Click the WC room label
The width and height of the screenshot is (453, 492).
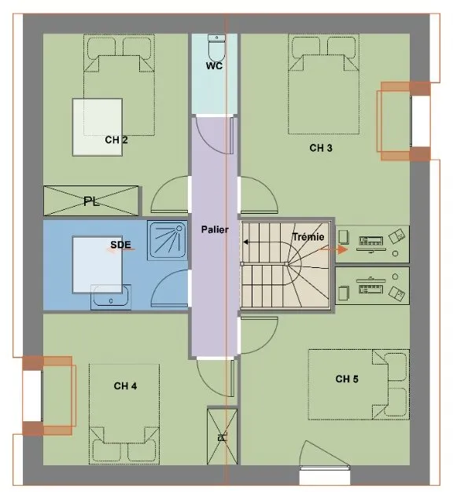(x=215, y=66)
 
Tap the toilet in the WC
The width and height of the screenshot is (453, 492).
(x=216, y=48)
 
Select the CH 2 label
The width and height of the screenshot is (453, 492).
(x=116, y=140)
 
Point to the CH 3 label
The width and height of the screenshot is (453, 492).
(x=321, y=148)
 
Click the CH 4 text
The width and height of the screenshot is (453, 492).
(x=125, y=386)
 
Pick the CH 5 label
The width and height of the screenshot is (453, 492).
(x=347, y=379)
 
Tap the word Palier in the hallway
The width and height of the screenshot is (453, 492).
(x=215, y=229)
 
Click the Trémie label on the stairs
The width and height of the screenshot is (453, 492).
(x=308, y=237)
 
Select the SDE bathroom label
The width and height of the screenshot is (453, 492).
(x=120, y=244)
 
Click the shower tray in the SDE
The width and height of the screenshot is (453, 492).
(x=168, y=240)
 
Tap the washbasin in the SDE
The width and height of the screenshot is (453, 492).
(x=111, y=297)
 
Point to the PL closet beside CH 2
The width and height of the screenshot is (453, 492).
(x=91, y=201)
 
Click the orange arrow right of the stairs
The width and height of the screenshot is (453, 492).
(x=333, y=249)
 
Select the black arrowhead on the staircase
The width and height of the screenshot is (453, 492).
(x=246, y=242)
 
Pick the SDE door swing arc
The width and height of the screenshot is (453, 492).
(x=165, y=282)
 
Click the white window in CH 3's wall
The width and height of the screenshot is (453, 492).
(x=421, y=121)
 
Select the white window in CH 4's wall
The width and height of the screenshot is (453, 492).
(x=32, y=396)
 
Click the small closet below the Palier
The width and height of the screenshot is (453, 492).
(x=223, y=436)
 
